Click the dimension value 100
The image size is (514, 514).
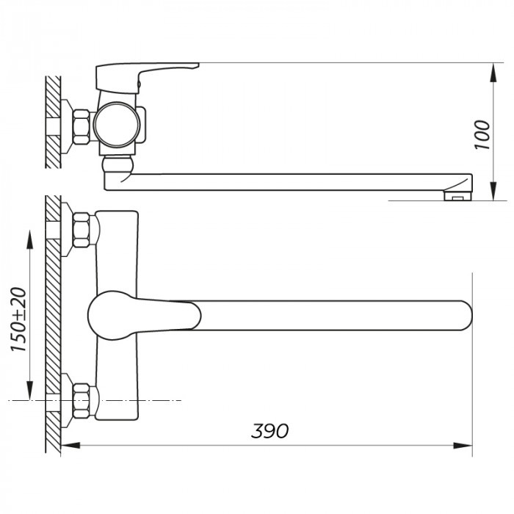point(482,134)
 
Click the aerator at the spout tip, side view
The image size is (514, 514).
point(457,195)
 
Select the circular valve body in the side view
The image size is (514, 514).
point(117,123)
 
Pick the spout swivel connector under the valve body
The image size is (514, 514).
point(117,172)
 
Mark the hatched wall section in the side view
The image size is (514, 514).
point(52,121)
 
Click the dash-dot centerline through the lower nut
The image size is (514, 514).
point(147,400)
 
